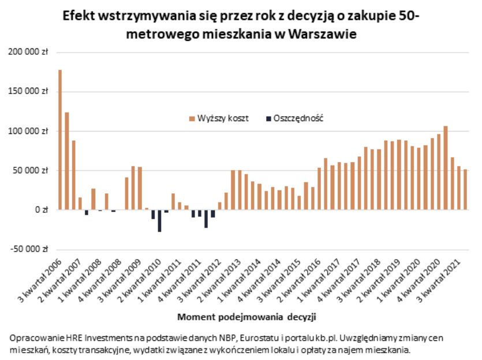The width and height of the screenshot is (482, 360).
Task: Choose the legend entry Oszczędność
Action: coord(294,118)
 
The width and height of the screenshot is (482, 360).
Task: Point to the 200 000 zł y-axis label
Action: coord(27,52)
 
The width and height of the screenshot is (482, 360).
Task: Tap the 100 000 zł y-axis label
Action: coord(27,131)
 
